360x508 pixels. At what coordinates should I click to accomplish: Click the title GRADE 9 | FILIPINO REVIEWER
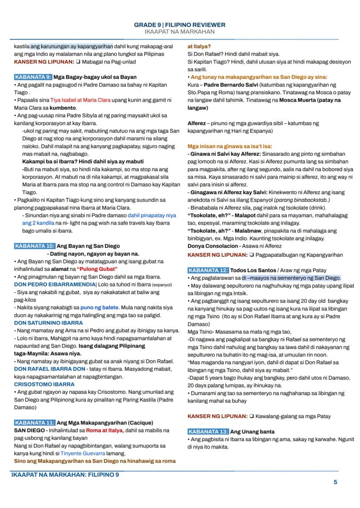180,25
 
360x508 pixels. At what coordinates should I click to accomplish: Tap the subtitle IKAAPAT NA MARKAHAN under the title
180,32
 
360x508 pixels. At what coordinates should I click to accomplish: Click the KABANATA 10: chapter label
35,246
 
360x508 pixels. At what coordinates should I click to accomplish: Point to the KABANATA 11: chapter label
35,422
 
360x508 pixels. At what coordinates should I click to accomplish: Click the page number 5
335,482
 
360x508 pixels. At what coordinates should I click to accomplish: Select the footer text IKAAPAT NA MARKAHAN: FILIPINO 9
65,475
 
